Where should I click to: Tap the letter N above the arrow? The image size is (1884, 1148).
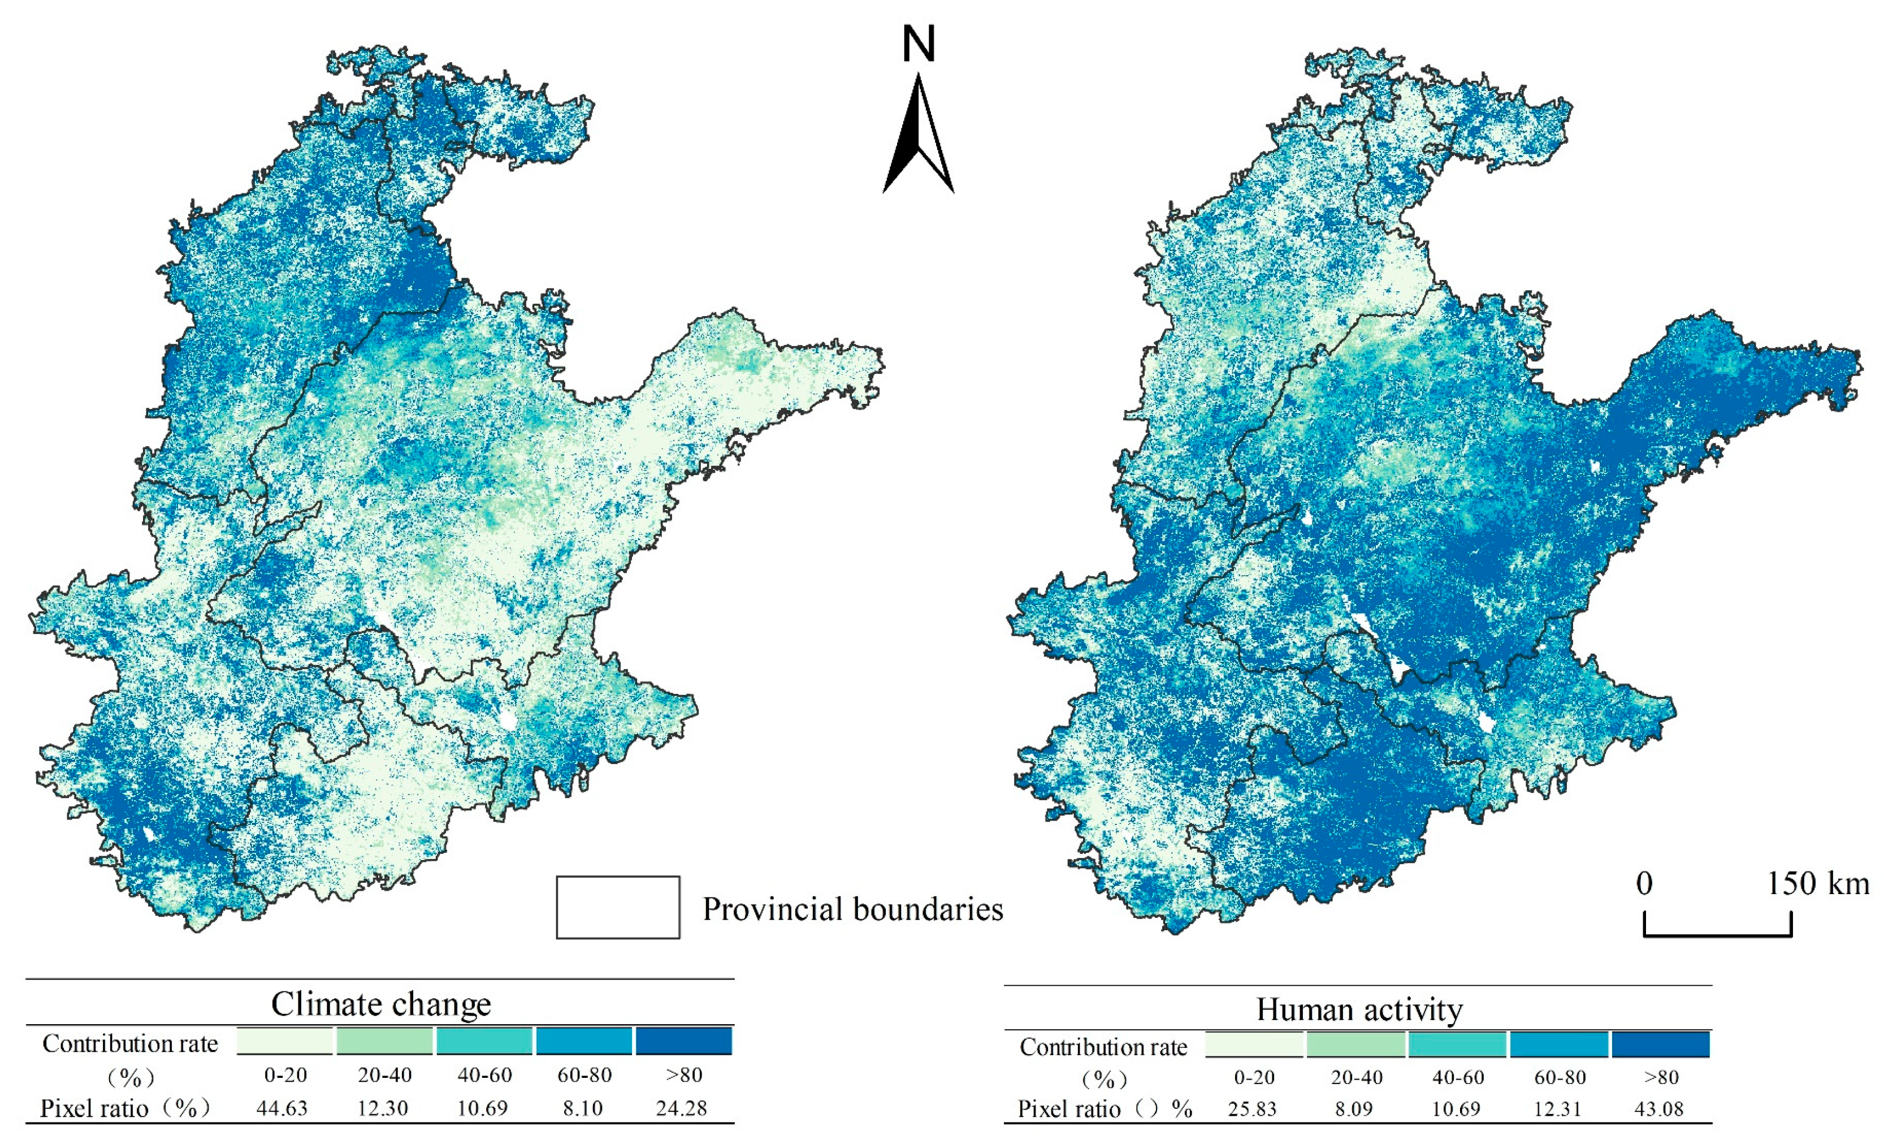tap(919, 44)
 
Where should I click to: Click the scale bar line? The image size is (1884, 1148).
tap(1717, 934)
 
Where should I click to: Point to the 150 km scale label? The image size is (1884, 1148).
tap(1817, 883)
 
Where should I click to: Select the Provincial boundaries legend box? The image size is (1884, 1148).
tap(618, 907)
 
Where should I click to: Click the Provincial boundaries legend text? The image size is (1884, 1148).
tap(852, 909)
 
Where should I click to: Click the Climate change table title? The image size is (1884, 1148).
tap(381, 1003)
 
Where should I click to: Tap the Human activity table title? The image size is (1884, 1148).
tap(1359, 1009)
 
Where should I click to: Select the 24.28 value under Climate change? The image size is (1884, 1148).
tap(681, 1108)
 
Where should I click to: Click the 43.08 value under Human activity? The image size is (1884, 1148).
tap(1658, 1109)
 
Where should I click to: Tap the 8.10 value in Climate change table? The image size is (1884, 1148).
tap(583, 1108)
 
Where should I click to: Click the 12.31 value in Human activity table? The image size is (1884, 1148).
tap(1557, 1109)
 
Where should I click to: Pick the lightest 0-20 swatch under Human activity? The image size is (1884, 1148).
tap(1254, 1044)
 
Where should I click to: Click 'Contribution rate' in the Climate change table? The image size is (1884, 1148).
tap(130, 1043)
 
